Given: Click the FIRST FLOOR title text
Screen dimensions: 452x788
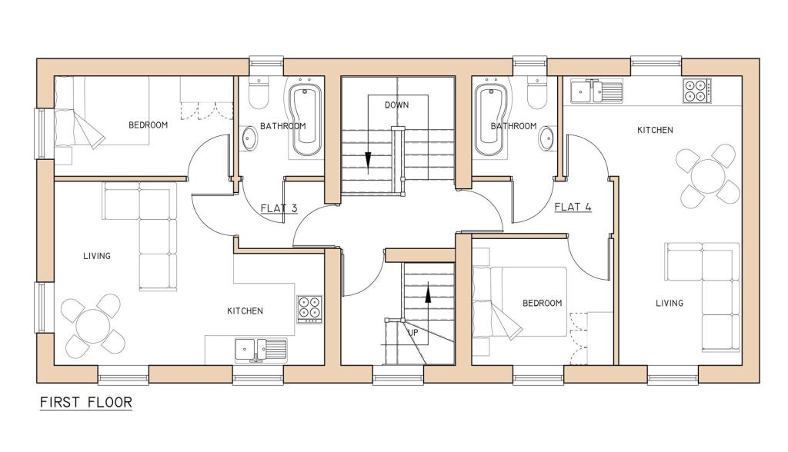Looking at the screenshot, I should coord(85,402).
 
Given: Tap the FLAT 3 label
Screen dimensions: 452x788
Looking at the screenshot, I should coord(279,207).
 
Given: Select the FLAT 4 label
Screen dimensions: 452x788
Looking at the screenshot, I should coord(573,206).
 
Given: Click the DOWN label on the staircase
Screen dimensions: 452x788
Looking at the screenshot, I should coord(397,105).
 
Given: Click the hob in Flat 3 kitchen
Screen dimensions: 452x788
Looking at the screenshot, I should coord(310,307).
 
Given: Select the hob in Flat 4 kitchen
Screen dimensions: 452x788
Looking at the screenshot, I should coord(696,91).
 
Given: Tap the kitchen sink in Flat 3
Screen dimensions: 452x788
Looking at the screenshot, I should coord(260,350).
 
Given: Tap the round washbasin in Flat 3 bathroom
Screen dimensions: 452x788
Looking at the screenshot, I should coord(249,139).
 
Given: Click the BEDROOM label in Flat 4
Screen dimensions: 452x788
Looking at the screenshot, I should coord(543,303).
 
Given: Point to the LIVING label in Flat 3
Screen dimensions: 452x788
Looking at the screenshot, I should coord(97,256).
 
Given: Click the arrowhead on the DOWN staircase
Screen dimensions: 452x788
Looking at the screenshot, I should coord(368,159).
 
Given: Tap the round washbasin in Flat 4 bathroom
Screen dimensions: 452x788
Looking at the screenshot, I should coord(546,139).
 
